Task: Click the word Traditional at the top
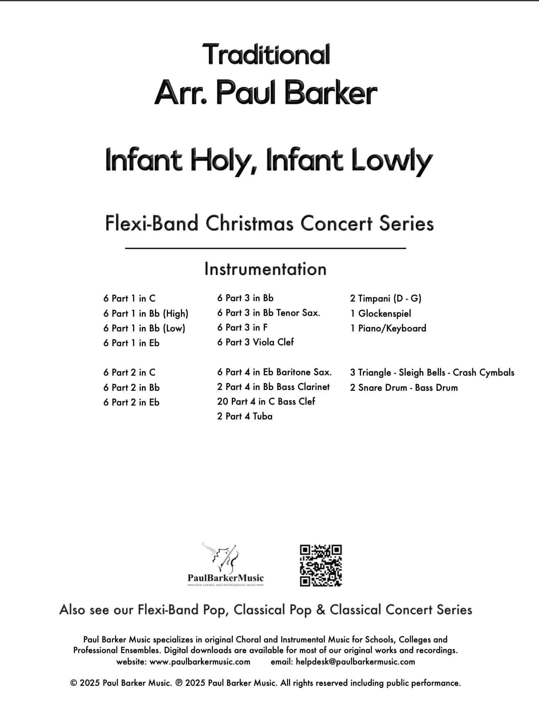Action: (x=266, y=54)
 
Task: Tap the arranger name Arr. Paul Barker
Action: (x=266, y=93)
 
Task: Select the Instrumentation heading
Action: (x=265, y=269)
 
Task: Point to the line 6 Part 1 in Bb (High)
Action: (x=146, y=313)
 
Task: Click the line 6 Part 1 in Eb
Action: (x=131, y=343)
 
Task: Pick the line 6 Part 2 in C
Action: (x=129, y=372)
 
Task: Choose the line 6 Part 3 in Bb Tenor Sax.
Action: (x=269, y=313)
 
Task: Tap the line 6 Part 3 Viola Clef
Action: (x=256, y=342)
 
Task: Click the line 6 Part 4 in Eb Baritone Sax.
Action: (x=274, y=372)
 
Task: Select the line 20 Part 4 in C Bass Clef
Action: (x=266, y=401)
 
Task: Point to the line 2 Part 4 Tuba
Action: (x=245, y=416)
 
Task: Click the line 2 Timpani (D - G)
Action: (x=386, y=298)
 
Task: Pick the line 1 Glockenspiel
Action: (x=381, y=313)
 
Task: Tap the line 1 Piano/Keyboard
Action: (x=388, y=328)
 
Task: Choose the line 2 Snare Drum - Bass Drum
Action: (x=404, y=388)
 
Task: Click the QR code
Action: (x=321, y=565)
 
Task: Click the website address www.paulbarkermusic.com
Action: (x=200, y=662)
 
